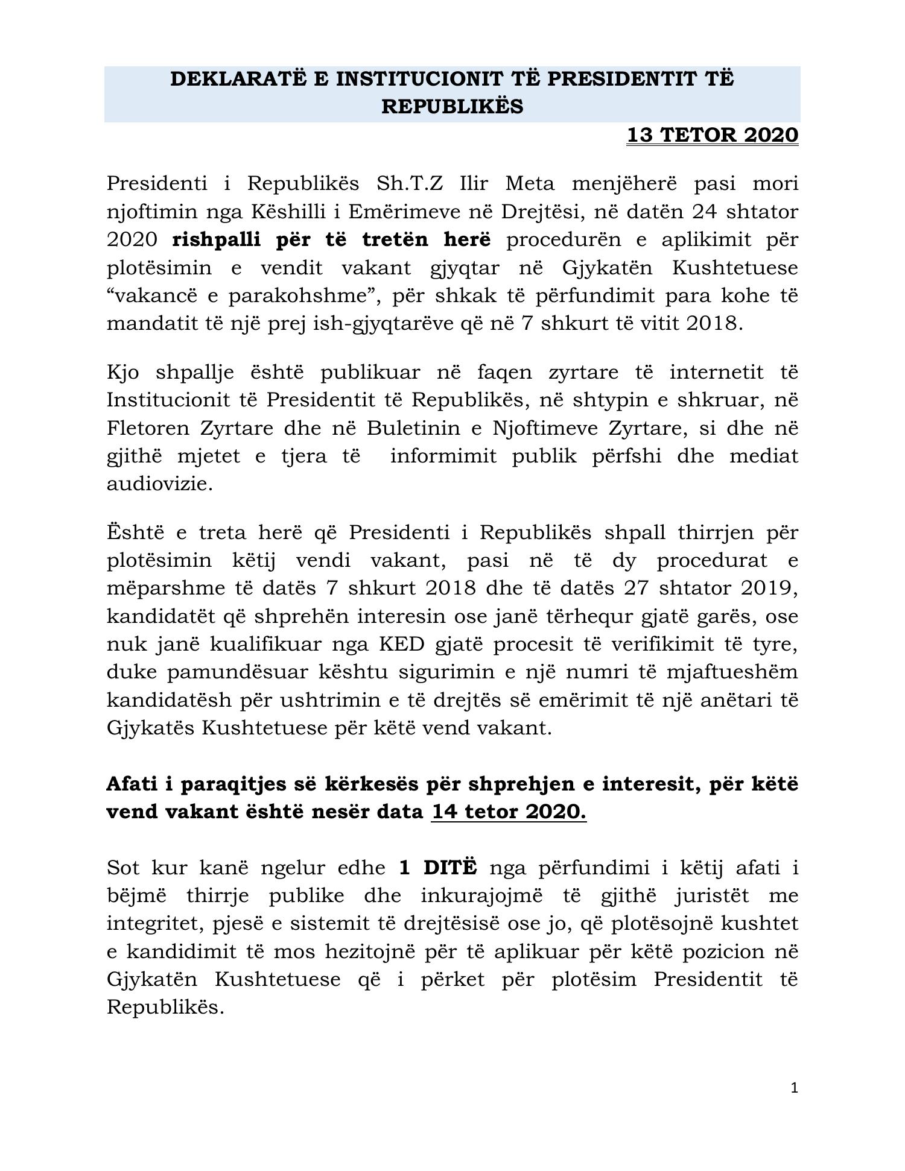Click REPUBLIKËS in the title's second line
(x=453, y=107)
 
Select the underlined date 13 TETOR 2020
(x=713, y=135)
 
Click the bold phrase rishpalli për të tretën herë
(x=331, y=239)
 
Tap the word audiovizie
(x=159, y=484)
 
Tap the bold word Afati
(x=138, y=784)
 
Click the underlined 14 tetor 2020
(x=508, y=812)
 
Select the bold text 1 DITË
(x=438, y=868)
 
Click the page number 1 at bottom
(x=794, y=1087)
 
